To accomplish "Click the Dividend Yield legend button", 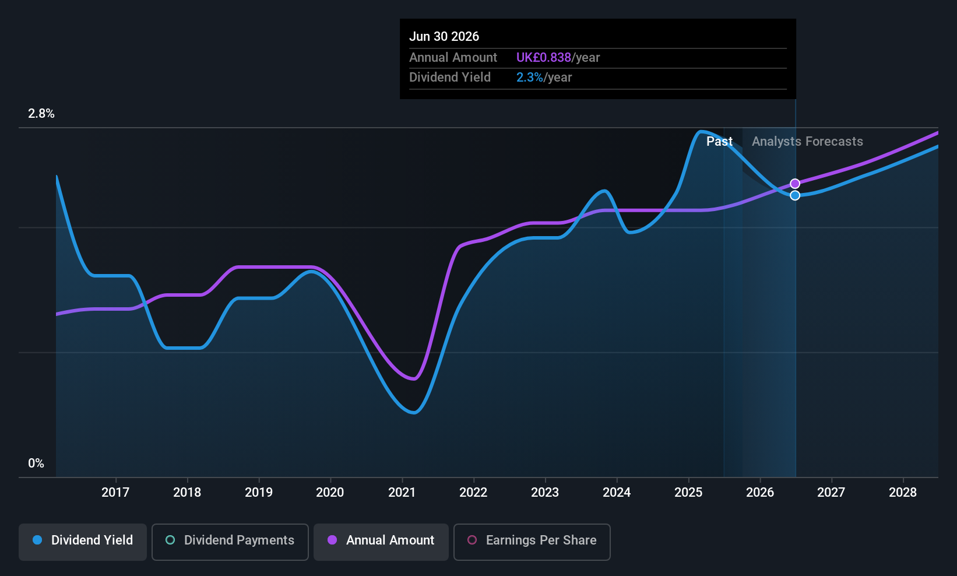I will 83,540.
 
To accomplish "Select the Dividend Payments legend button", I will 230,540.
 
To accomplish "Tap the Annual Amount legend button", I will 381,540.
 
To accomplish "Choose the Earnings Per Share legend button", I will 532,540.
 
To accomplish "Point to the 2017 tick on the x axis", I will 115,493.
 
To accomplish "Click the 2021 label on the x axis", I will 402,493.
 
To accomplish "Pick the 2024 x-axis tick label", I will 617,493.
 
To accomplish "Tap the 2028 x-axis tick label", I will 903,493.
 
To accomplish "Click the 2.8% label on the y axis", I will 41,114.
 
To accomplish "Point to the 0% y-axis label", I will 36,463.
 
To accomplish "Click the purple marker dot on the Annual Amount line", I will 795,184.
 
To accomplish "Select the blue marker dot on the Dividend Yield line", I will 795,195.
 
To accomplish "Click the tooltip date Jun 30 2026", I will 444,36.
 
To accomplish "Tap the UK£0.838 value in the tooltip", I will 544,58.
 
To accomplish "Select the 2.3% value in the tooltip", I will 530,78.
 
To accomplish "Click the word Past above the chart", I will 719,141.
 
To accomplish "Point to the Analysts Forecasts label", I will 807,141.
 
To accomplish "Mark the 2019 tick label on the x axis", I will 259,493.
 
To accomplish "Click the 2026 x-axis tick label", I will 760,493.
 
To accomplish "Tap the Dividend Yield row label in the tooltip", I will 450,78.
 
